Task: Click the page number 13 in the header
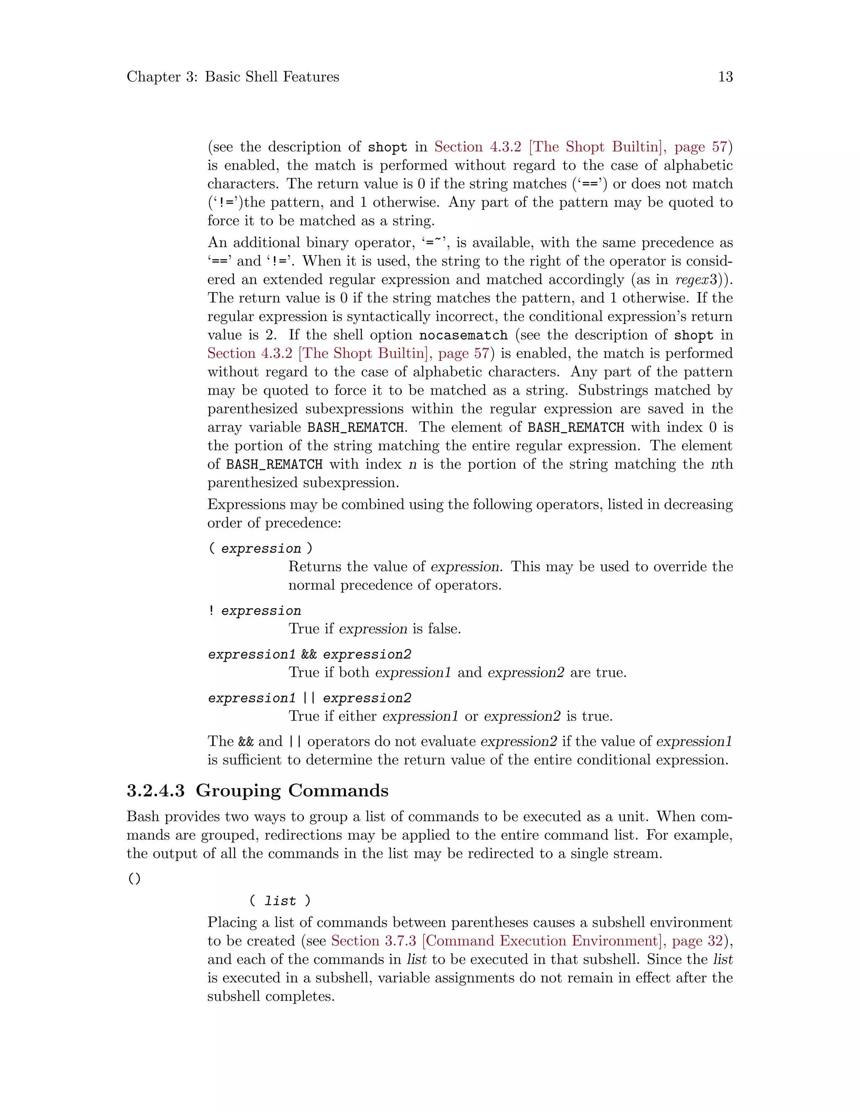click(x=725, y=77)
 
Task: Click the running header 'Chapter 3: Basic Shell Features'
click(x=233, y=77)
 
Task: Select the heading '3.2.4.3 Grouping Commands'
click(x=257, y=790)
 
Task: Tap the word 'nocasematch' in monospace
click(x=463, y=335)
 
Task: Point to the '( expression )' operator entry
click(x=260, y=548)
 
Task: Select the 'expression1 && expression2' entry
click(x=309, y=654)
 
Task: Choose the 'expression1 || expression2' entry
click(x=309, y=698)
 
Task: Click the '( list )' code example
click(x=280, y=901)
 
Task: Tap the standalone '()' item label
click(x=134, y=879)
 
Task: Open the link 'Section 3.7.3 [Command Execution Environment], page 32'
click(x=527, y=941)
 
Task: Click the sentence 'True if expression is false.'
click(x=375, y=629)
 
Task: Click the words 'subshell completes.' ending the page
click(x=270, y=997)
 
